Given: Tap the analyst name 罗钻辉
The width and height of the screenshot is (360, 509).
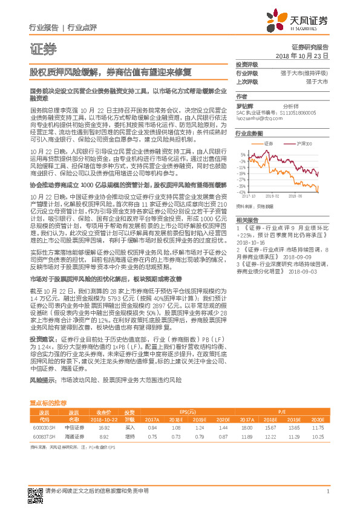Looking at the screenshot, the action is tap(243, 105).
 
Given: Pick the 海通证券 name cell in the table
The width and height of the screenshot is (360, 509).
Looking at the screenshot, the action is tap(74, 435).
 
